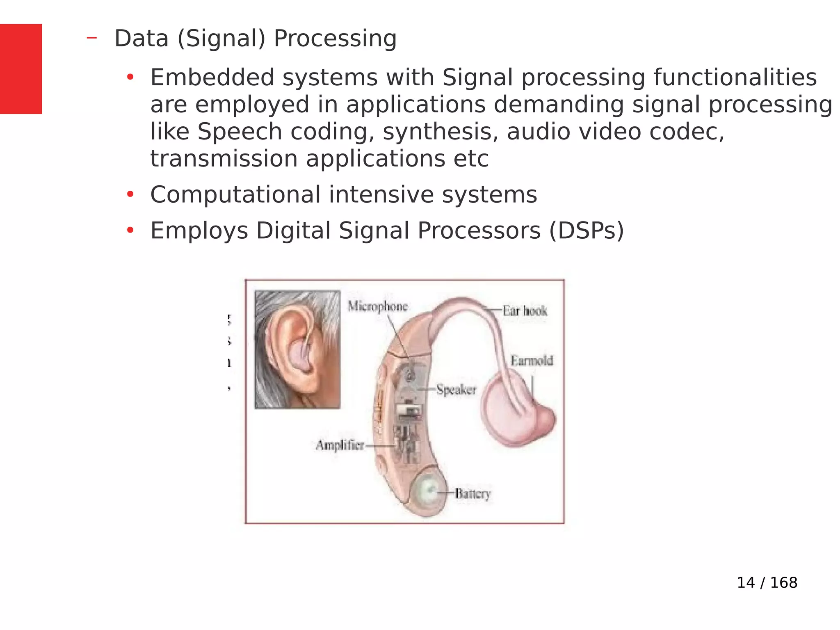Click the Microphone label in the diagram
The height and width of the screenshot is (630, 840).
pos(377,306)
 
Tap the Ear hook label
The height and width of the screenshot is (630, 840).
pos(525,311)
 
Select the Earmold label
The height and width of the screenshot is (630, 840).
pos(532,361)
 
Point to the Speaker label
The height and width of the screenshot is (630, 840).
pos(456,390)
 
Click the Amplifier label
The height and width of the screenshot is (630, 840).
pos(340,445)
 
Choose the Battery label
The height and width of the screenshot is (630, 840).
pos(472,493)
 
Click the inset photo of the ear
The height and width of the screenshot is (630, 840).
pos(297,349)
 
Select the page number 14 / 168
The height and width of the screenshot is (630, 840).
pos(767,582)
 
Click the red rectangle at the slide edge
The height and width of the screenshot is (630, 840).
pos(21,69)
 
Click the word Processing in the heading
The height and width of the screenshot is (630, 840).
pos(335,39)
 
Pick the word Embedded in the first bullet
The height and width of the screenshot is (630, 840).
pos(212,78)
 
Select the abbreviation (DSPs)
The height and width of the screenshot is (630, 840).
pos(587,231)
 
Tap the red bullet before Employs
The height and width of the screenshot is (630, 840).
pos(130,230)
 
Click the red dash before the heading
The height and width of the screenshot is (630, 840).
pos(92,38)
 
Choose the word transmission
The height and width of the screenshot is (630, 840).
pos(224,159)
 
